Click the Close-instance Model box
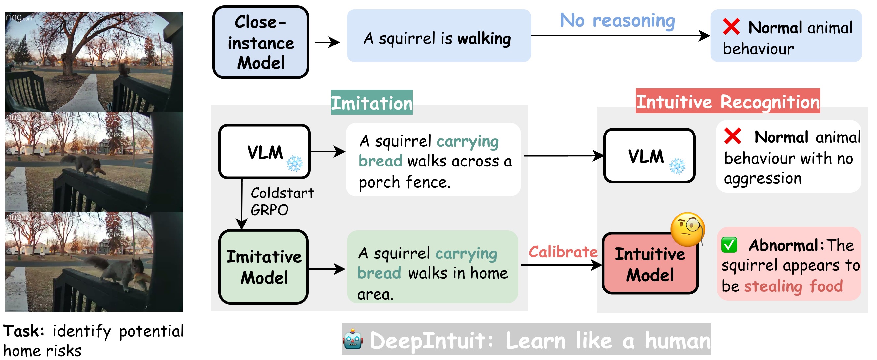[x=260, y=43]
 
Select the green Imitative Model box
[x=263, y=267]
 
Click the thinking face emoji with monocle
[x=687, y=229]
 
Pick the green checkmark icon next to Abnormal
[x=729, y=245]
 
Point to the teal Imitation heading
[x=372, y=103]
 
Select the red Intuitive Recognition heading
[x=728, y=102]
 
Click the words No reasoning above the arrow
[x=617, y=20]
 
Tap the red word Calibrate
[x=563, y=252]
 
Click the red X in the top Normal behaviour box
[x=731, y=27]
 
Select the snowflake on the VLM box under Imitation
[x=294, y=164]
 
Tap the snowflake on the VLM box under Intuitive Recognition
[x=677, y=166]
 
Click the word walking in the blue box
[x=484, y=39]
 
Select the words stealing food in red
[x=793, y=286]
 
